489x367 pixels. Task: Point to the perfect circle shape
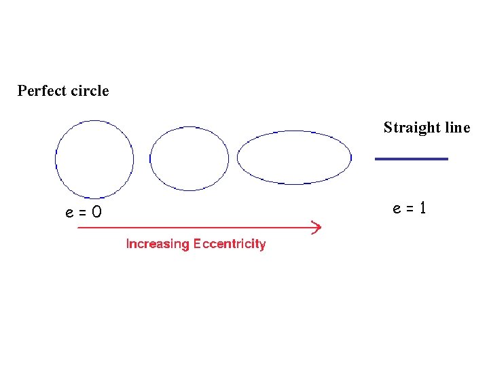click(94, 160)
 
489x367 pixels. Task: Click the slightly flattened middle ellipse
click(189, 158)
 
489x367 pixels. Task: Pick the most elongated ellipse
click(294, 158)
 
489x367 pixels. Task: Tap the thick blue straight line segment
click(412, 158)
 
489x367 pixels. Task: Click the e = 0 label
click(84, 213)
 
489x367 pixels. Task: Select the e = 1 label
click(410, 208)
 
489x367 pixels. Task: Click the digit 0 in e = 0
click(97, 213)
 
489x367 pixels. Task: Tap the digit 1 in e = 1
click(423, 208)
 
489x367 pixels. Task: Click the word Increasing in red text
click(158, 244)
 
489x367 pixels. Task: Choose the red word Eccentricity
click(230, 244)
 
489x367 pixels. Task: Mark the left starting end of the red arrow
click(80, 228)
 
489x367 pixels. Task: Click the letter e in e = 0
click(70, 213)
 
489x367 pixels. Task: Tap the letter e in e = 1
click(397, 209)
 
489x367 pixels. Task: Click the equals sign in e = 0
click(83, 213)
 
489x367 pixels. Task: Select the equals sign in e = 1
click(410, 209)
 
